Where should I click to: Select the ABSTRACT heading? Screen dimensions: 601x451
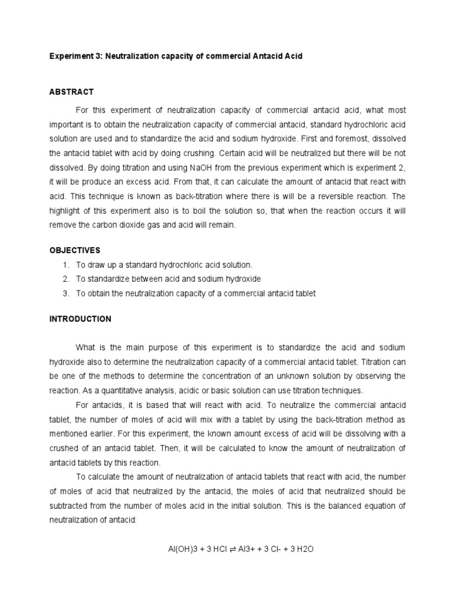coord(70,92)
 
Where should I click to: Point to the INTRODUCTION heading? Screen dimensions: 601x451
coord(80,319)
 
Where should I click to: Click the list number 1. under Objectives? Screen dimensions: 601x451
coord(65,265)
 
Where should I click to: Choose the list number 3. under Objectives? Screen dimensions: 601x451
coord(65,293)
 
